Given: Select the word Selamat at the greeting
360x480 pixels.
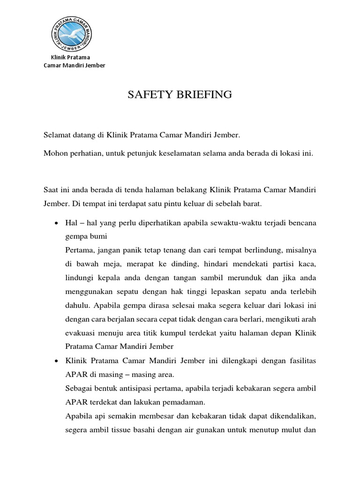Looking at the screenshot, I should coord(57,135).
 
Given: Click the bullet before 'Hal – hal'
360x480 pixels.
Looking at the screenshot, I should coord(56,223).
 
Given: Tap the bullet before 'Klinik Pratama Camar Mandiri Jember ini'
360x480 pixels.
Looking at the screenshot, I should coord(56,361).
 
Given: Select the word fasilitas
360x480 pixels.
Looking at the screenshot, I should coord(301,361).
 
